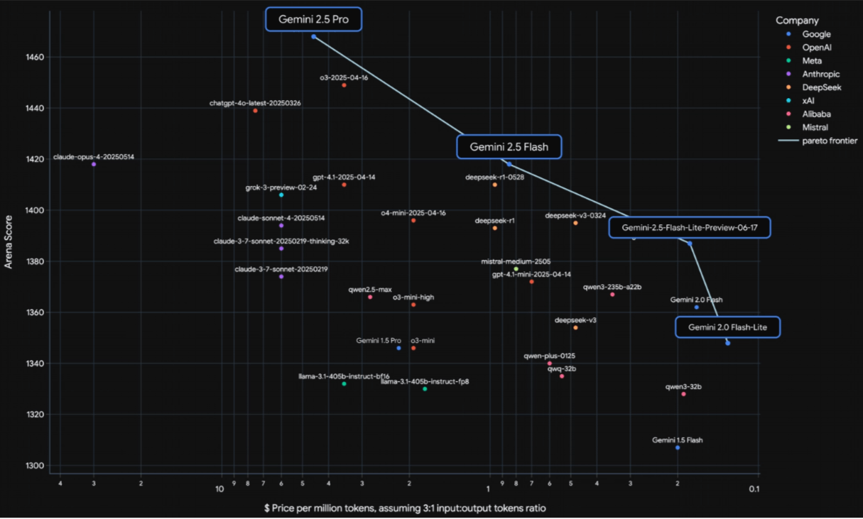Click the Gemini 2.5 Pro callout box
click(x=313, y=19)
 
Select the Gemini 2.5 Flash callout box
click(x=509, y=147)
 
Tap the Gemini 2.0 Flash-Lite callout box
click(x=727, y=327)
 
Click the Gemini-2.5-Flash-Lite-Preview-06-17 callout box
click(x=689, y=227)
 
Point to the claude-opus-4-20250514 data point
click(x=94, y=164)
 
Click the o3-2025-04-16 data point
click(x=344, y=85)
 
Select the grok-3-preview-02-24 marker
click(x=281, y=195)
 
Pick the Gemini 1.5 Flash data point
click(x=678, y=447)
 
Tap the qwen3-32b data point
click(x=684, y=394)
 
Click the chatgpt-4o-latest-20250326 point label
click(x=255, y=103)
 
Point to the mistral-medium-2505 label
click(x=516, y=261)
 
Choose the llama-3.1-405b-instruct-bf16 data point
click(x=344, y=383)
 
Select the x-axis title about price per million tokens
click(x=405, y=508)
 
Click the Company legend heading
click(x=797, y=21)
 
